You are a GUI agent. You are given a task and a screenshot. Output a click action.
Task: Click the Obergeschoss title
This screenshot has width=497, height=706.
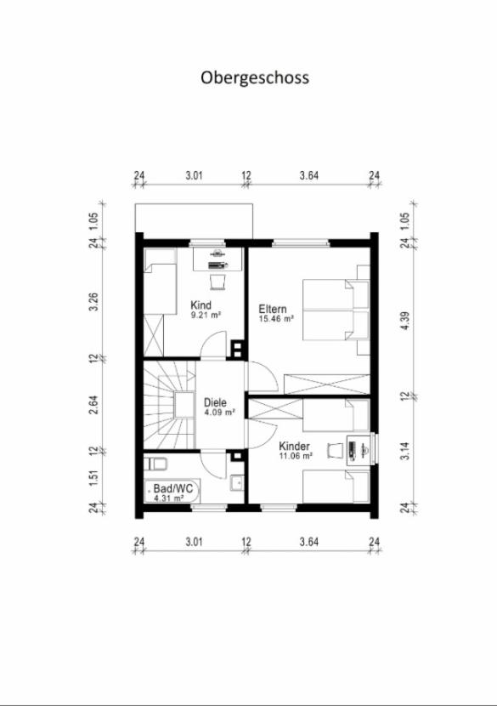(x=255, y=77)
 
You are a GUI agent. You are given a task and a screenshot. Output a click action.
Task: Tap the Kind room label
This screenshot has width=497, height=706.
(x=200, y=305)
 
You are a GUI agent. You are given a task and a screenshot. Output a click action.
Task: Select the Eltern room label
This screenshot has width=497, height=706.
(x=274, y=309)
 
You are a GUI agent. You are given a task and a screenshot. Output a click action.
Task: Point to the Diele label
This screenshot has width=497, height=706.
(x=216, y=403)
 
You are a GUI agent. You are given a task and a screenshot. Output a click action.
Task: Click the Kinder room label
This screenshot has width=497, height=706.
(x=294, y=446)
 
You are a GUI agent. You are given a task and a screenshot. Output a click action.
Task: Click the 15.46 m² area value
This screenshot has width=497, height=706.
(x=277, y=319)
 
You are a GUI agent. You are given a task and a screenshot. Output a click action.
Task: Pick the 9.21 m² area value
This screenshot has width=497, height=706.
(x=206, y=315)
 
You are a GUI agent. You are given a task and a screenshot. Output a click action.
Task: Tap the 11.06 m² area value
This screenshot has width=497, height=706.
(x=297, y=456)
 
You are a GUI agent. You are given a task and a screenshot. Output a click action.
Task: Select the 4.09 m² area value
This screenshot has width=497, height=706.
(x=219, y=413)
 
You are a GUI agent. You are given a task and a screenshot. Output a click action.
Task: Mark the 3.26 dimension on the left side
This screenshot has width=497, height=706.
(x=93, y=302)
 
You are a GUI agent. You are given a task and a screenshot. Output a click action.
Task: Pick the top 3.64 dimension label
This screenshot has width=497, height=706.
(x=309, y=177)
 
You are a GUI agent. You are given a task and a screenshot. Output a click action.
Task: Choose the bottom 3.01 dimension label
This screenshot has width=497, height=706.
(x=194, y=540)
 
